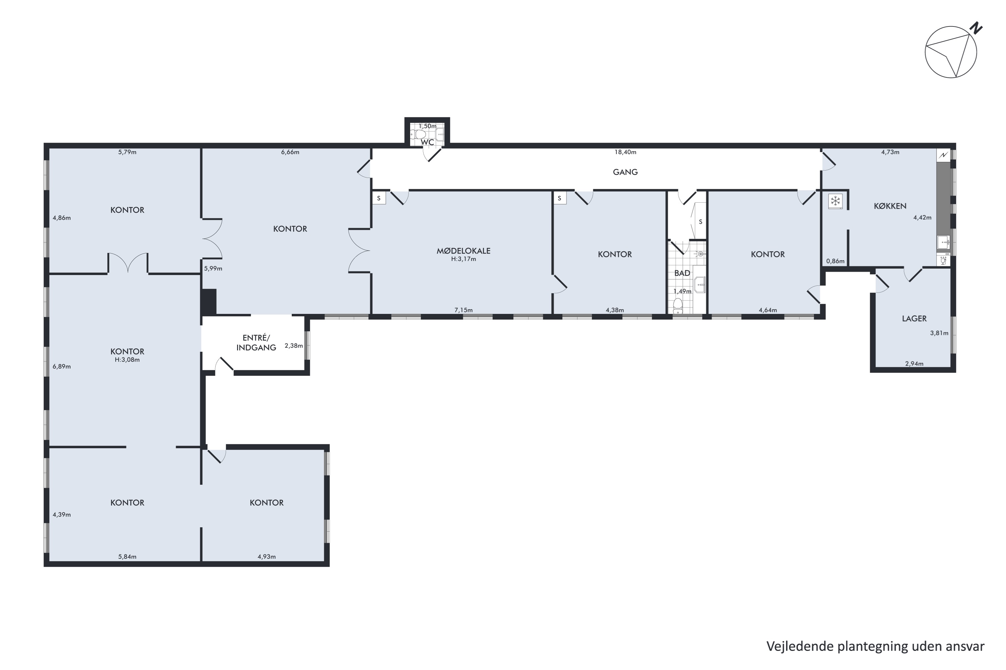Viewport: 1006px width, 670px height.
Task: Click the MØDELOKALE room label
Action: pyautogui.click(x=463, y=251)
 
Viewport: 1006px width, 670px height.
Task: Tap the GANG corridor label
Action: pyautogui.click(x=625, y=172)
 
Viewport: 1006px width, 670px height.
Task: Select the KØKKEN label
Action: pyautogui.click(x=890, y=206)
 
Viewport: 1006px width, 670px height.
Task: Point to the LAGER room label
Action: pyautogui.click(x=914, y=318)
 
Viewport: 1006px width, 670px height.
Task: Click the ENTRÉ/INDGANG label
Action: pyautogui.click(x=256, y=343)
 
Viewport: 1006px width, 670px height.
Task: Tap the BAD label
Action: pyautogui.click(x=682, y=273)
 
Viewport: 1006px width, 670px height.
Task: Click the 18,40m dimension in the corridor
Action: pyautogui.click(x=625, y=152)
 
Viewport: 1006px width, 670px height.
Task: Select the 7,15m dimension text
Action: pyautogui.click(x=463, y=310)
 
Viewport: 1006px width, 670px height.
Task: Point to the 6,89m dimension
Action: pyautogui.click(x=62, y=366)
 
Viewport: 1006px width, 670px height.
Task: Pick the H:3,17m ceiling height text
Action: pyautogui.click(x=463, y=259)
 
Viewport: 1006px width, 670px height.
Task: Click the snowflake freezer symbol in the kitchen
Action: pyautogui.click(x=835, y=201)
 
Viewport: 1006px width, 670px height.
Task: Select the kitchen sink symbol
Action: pyautogui.click(x=943, y=242)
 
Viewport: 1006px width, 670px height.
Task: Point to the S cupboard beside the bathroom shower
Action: pyautogui.click(x=700, y=222)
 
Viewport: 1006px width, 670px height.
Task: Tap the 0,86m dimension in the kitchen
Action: pyautogui.click(x=835, y=261)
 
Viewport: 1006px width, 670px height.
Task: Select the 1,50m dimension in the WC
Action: pyautogui.click(x=427, y=126)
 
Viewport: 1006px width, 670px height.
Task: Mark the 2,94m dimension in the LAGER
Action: pyautogui.click(x=914, y=363)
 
